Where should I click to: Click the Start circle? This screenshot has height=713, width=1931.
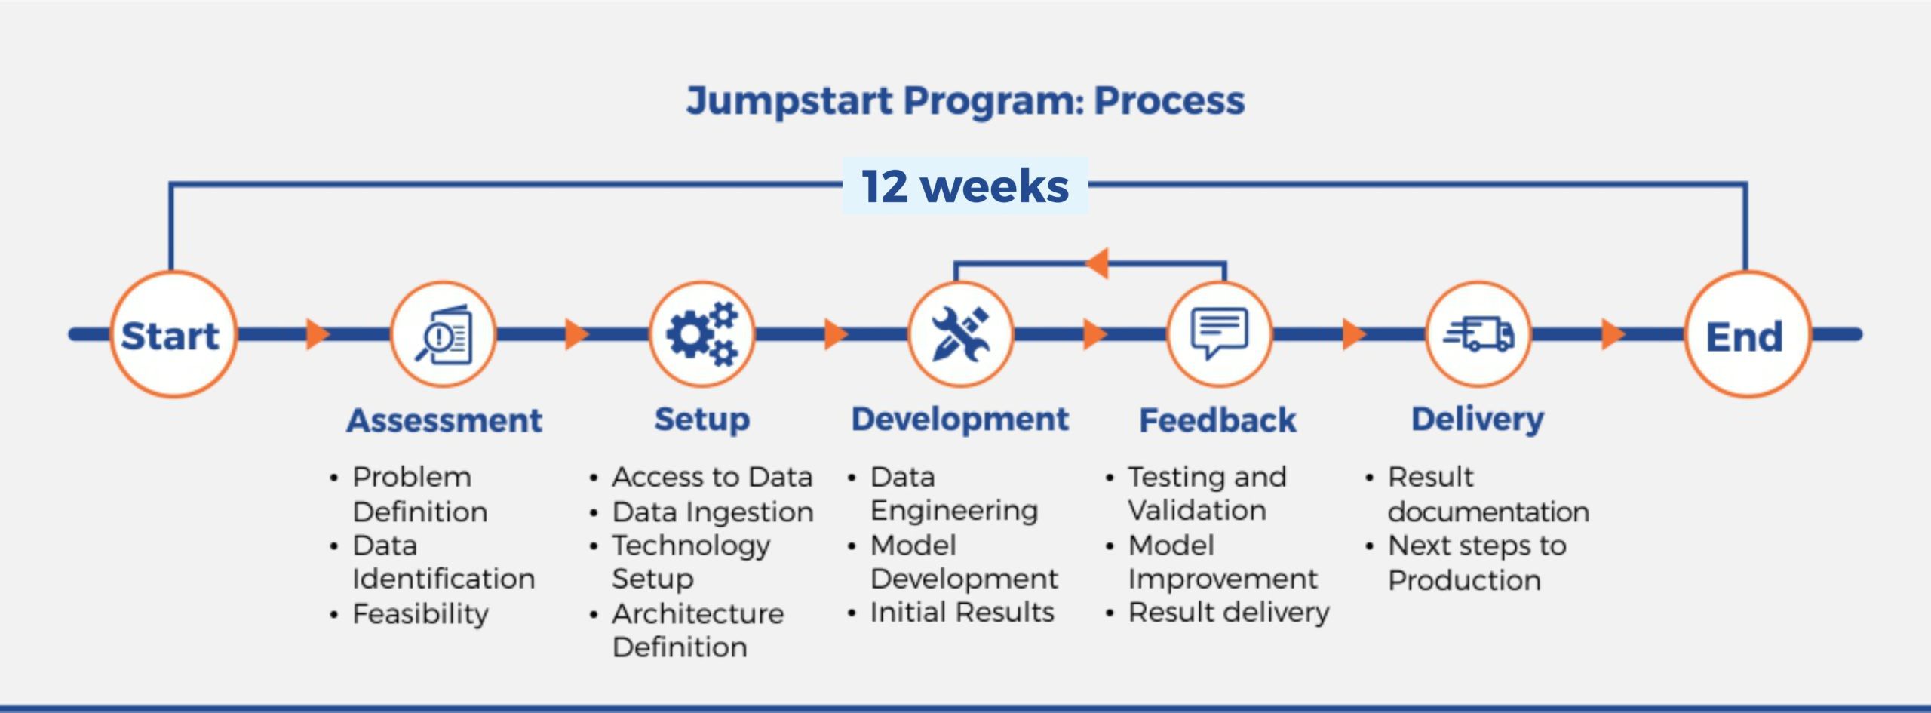pos(173,334)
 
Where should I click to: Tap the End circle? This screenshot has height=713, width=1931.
pos(1746,334)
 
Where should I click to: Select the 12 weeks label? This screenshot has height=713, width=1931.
pos(965,186)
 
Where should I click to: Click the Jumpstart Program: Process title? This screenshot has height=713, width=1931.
pos(965,100)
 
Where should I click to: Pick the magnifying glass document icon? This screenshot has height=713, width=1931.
pos(444,334)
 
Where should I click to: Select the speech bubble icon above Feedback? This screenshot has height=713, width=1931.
pos(1219,333)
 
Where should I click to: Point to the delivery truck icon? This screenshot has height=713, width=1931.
pos(1478,334)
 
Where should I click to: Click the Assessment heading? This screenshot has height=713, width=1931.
pos(444,420)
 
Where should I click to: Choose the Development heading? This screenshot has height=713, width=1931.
pos(960,420)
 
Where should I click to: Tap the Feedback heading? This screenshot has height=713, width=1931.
pos(1217,420)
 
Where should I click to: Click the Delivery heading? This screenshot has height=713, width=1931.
pos(1478,420)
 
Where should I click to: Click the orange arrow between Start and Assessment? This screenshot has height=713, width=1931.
pos(318,334)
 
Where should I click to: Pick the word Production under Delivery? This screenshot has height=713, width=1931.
pos(1464,580)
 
